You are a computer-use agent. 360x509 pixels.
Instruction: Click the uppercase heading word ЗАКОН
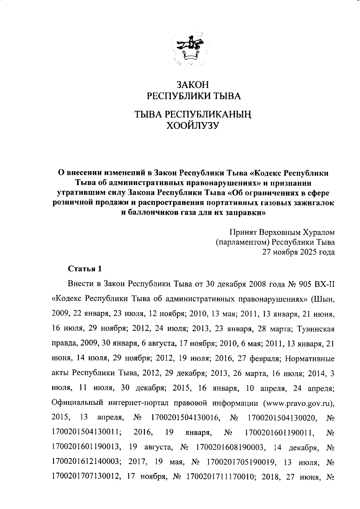coord(192,85)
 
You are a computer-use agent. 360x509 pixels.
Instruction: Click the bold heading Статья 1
coord(85,269)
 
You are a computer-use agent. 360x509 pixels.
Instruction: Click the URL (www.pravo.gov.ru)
coord(298,403)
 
